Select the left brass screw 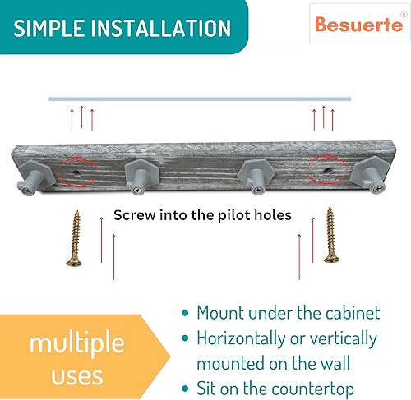coord(76,237)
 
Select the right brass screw coord(331,234)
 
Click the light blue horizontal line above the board coord(200,99)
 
